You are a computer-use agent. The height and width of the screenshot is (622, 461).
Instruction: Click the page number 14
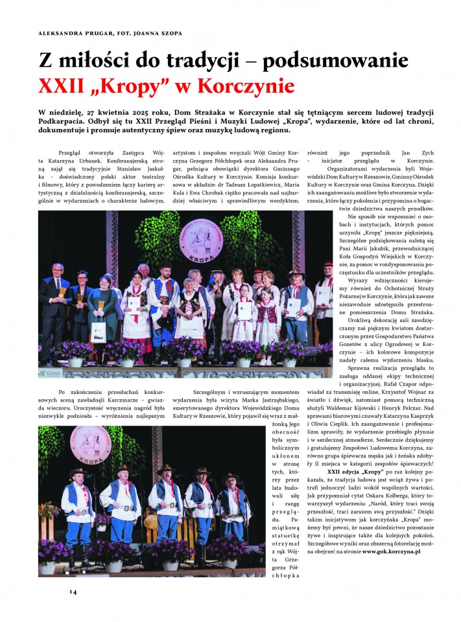[x=73, y=591]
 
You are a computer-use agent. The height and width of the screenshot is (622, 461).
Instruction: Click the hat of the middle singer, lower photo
[x=165, y=468]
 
